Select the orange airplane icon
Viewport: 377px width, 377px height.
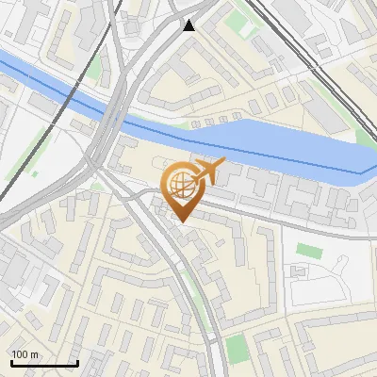pos(209,172)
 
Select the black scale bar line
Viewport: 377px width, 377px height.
pos(44,363)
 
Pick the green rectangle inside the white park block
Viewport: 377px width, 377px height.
pos(310,251)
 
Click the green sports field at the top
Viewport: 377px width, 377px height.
pos(247,28)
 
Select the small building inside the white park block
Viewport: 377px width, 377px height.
pos(299,272)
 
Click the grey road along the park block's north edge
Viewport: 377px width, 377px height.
pos(320,230)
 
